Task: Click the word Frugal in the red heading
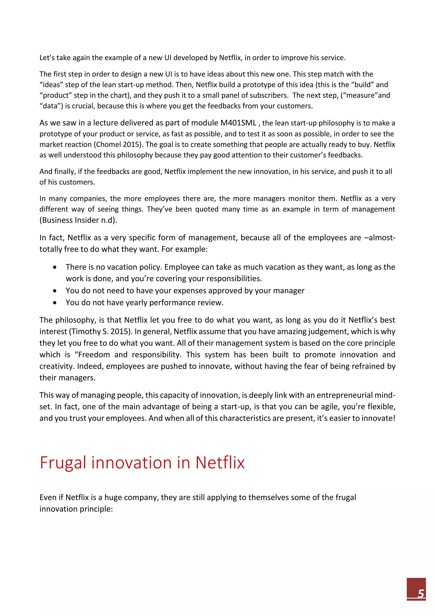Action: click(x=63, y=463)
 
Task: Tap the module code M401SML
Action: click(x=238, y=123)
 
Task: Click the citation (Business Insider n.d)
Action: click(x=78, y=220)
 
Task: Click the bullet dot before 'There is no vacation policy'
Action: click(x=55, y=267)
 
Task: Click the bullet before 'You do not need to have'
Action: click(x=55, y=291)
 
